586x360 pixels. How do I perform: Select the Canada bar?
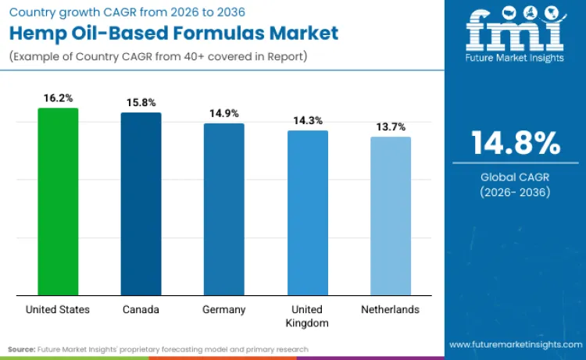coord(141,204)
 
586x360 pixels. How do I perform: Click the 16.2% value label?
coord(58,98)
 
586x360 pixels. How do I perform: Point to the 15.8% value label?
coord(141,102)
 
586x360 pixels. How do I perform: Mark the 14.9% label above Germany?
coord(224,113)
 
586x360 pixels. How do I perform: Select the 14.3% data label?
coord(307,120)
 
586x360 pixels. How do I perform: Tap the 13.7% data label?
coord(390,127)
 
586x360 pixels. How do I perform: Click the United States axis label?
coord(58,309)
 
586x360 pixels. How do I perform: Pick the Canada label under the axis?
coord(141,309)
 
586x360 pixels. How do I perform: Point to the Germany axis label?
coord(224,309)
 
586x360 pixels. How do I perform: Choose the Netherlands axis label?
coord(390,309)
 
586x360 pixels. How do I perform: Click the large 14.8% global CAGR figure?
coord(515,144)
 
